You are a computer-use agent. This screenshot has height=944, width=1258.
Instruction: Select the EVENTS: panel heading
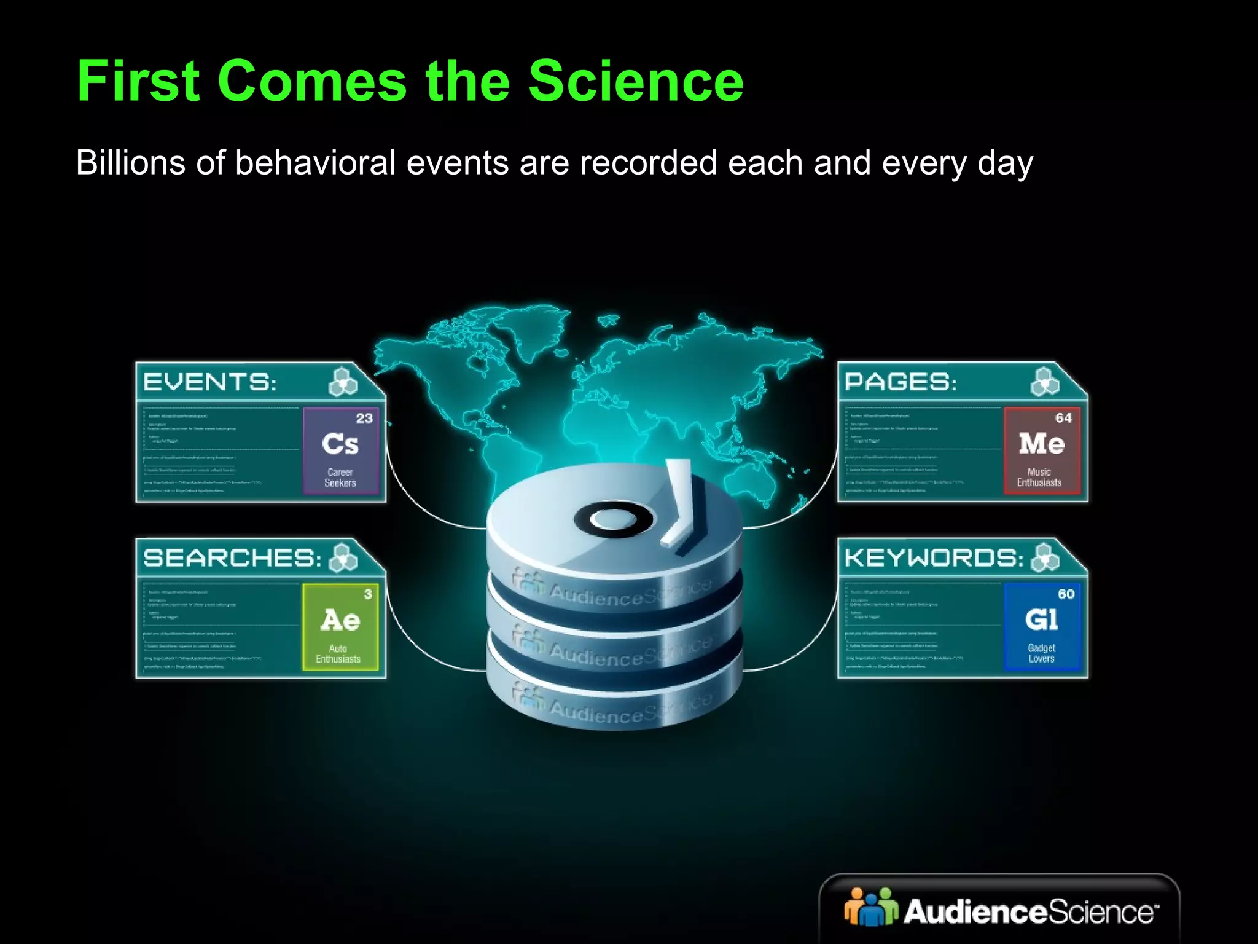click(x=209, y=382)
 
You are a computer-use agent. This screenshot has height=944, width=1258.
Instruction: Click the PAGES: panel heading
click(x=901, y=382)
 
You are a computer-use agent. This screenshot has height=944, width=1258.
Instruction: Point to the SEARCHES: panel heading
click(x=232, y=558)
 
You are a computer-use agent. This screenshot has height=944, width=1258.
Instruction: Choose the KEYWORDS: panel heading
click(x=934, y=558)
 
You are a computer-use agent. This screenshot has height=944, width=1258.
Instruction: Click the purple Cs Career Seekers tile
click(x=340, y=450)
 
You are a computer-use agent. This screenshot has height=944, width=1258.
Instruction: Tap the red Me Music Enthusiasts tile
click(x=1041, y=450)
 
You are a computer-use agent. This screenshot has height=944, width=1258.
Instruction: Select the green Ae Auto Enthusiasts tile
click(x=340, y=626)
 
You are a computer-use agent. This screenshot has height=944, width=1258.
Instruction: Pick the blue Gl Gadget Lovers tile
click(x=1042, y=626)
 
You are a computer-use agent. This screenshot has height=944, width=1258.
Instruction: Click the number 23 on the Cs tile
click(x=364, y=419)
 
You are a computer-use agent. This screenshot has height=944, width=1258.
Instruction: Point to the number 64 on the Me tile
click(x=1063, y=419)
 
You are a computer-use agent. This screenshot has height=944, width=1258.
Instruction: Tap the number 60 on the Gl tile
click(x=1066, y=594)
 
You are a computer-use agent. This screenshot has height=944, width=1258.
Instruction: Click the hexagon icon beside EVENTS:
click(x=343, y=382)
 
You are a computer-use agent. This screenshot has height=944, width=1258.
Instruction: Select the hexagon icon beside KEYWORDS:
click(x=1045, y=558)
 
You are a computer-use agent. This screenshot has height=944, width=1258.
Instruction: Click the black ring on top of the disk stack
click(x=614, y=519)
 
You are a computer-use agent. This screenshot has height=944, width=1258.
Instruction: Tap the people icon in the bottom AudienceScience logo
click(x=870, y=907)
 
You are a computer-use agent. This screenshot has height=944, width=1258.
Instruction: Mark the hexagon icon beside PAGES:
click(x=1045, y=382)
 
